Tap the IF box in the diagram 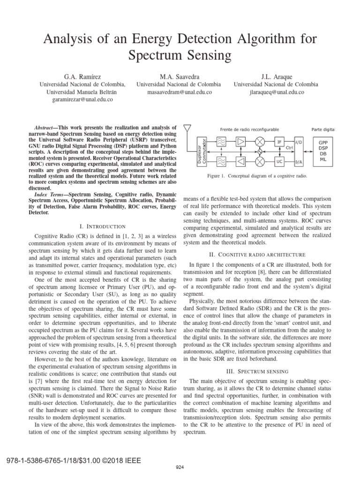(x=279, y=141)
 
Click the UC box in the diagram (x=279, y=161)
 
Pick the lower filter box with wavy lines (x=222, y=161)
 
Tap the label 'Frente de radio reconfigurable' (x=249, y=129)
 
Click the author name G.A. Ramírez (x=82, y=76)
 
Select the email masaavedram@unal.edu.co (x=178, y=92)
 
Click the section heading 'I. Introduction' (x=101, y=226)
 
